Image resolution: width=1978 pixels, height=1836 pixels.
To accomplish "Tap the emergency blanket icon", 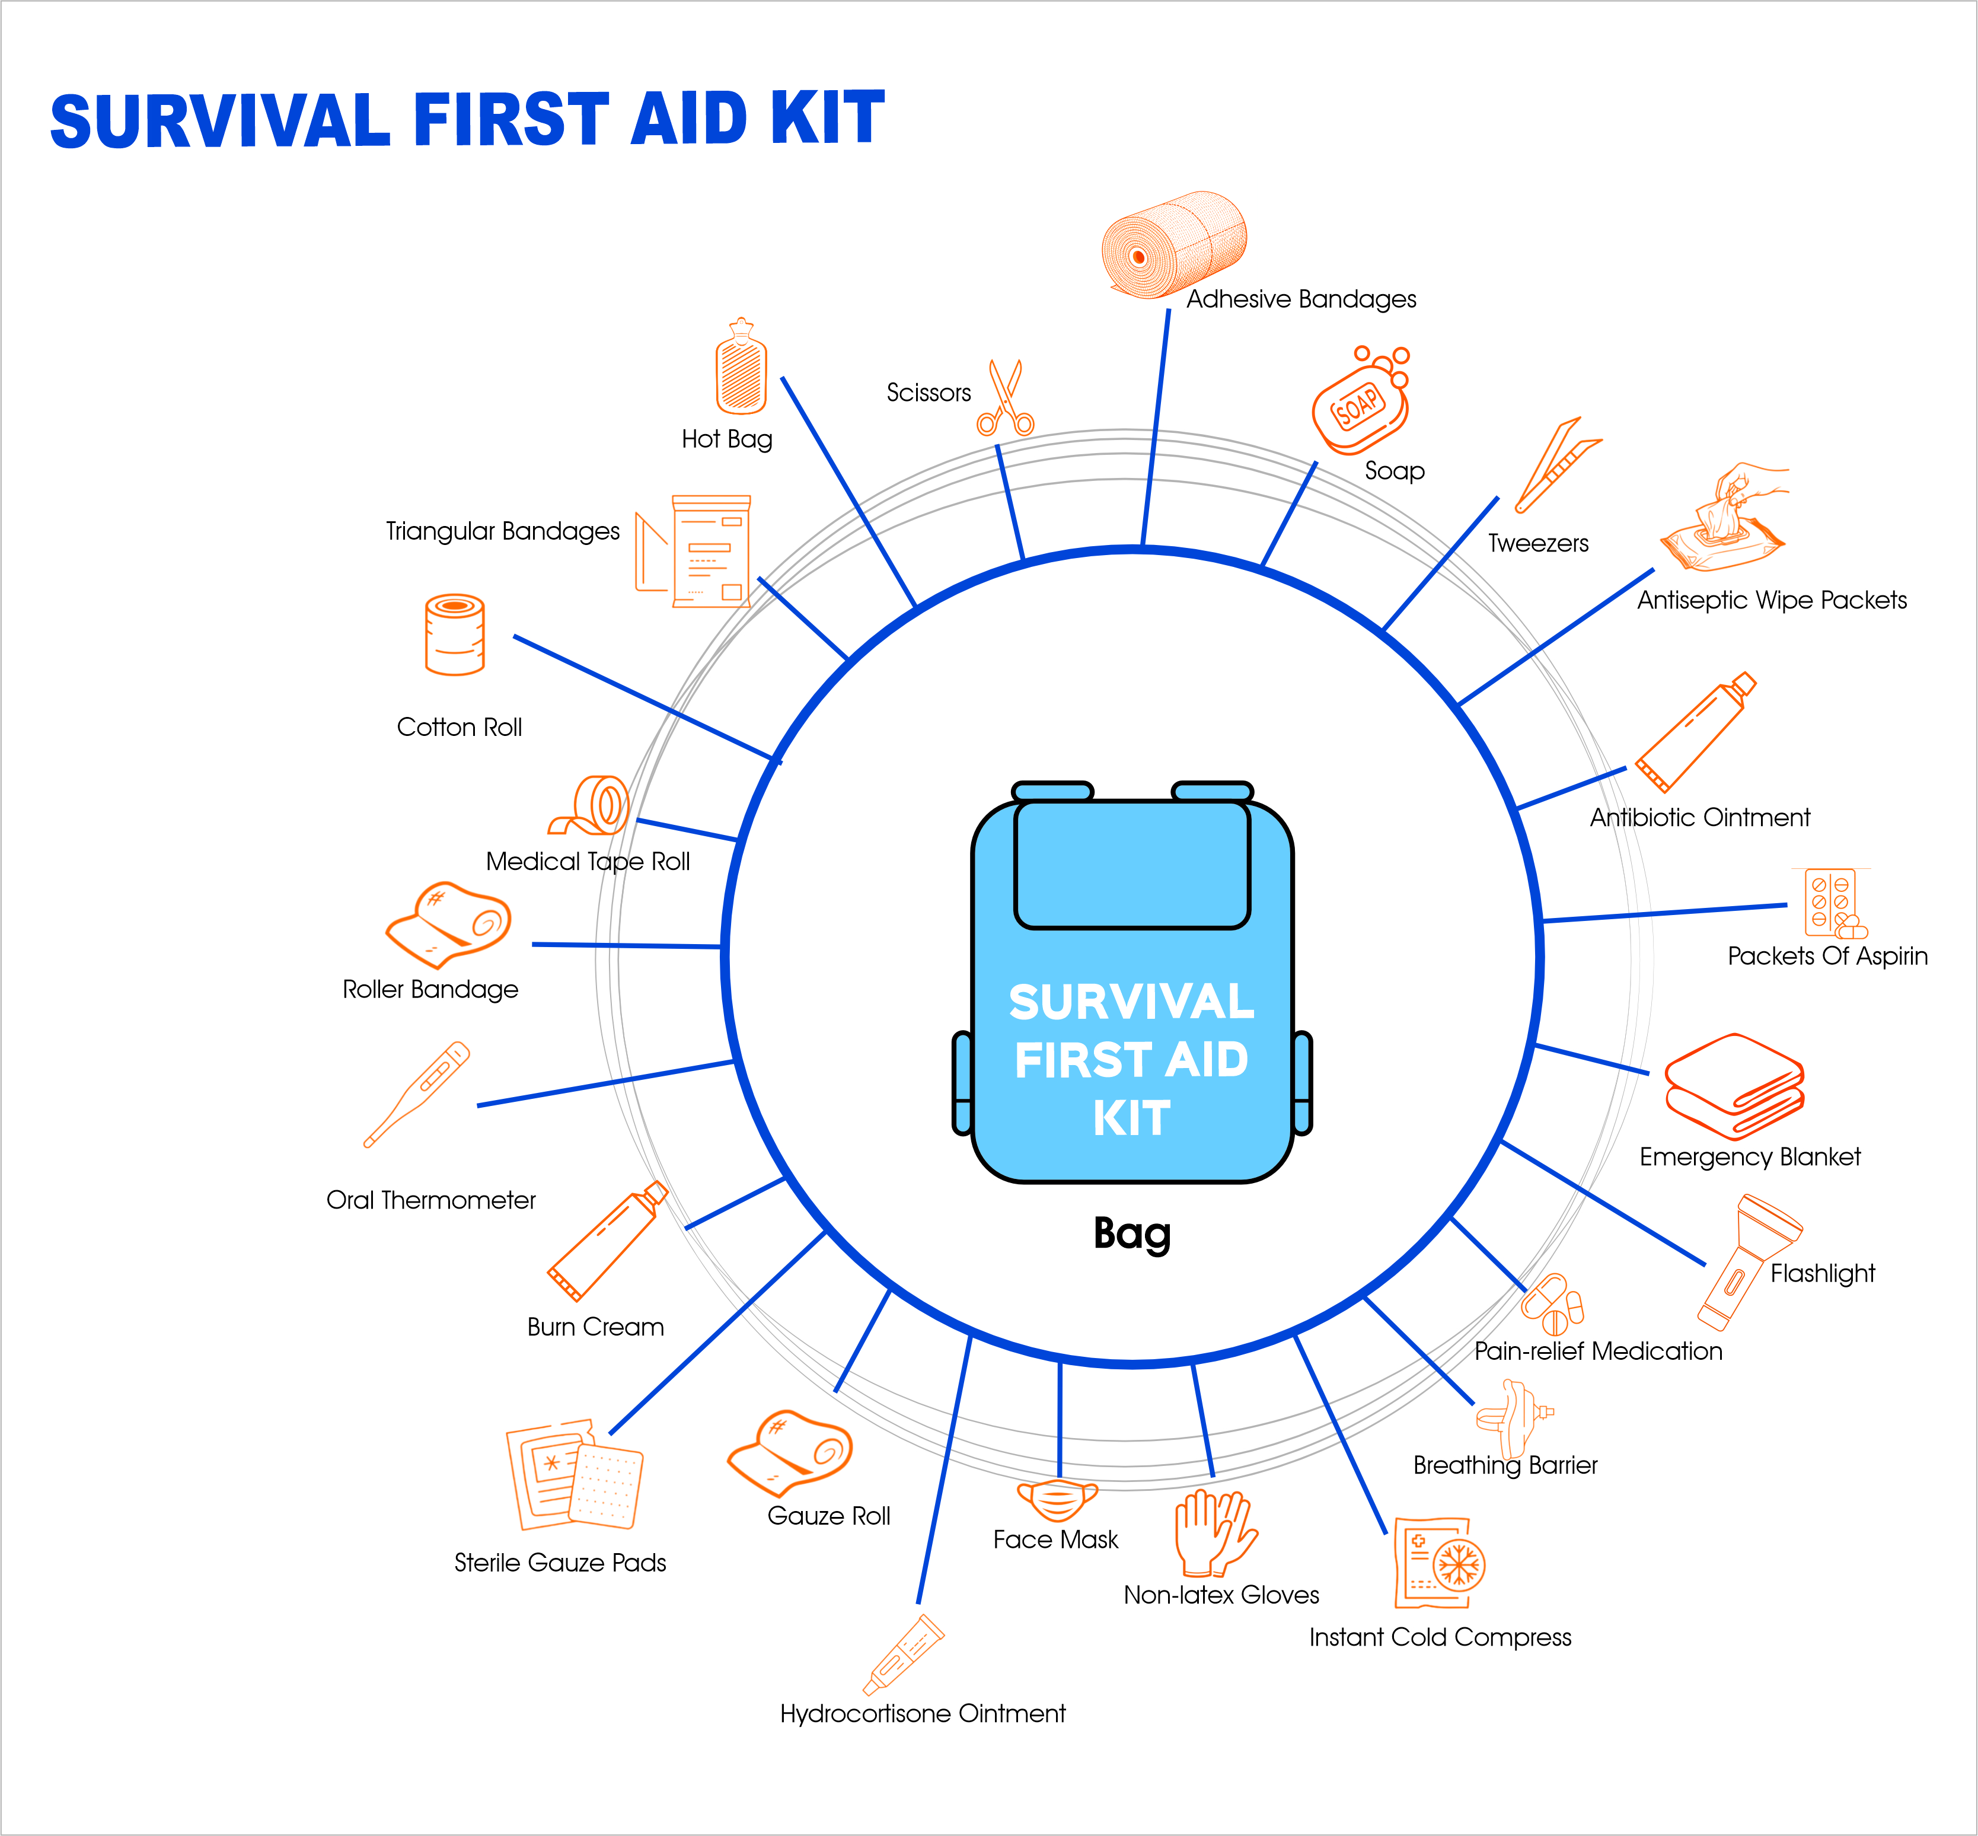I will tap(1734, 1086).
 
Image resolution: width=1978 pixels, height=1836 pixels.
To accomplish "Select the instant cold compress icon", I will tap(1438, 1563).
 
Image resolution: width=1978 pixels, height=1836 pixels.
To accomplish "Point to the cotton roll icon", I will tap(455, 635).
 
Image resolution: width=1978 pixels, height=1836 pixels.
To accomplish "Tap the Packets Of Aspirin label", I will tap(1827, 956).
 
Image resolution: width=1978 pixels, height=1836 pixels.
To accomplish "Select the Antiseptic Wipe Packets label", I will tap(1771, 600).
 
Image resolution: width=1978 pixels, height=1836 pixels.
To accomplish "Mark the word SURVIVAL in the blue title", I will tap(221, 121).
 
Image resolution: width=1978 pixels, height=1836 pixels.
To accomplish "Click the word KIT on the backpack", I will tap(1131, 1118).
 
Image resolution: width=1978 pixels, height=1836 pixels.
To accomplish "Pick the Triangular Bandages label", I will tap(503, 531).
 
